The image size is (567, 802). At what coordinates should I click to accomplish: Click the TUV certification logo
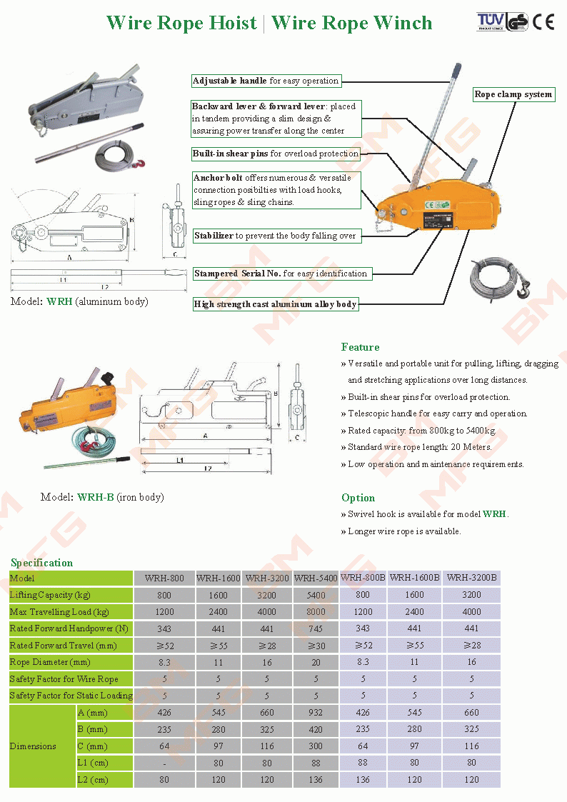click(491, 22)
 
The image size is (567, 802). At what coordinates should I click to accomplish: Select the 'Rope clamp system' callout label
click(513, 94)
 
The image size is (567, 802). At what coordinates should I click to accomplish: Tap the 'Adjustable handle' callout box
click(266, 81)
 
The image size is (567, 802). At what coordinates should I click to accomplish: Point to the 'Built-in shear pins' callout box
click(275, 154)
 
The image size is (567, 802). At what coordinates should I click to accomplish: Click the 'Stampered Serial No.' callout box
click(281, 274)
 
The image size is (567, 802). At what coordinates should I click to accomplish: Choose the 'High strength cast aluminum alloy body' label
click(275, 304)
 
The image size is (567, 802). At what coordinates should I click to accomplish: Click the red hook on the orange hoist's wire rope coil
click(526, 289)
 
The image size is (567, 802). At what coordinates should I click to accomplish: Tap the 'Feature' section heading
click(360, 347)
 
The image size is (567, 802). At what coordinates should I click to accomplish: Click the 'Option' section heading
click(358, 498)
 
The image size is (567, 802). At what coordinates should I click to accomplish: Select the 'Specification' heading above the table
click(41, 563)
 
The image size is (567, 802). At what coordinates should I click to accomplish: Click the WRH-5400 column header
click(316, 578)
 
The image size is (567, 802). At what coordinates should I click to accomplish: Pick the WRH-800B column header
click(363, 577)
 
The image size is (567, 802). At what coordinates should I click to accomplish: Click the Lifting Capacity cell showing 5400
click(316, 595)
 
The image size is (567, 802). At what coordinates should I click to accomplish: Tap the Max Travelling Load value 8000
click(316, 611)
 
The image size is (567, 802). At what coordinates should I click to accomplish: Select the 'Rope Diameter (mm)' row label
click(49, 662)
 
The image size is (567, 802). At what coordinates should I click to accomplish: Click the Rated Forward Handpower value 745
click(316, 628)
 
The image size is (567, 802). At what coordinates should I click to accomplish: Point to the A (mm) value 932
click(316, 712)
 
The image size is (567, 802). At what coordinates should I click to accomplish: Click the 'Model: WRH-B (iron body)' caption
click(102, 497)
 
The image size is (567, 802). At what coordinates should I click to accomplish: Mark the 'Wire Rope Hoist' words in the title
click(181, 23)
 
